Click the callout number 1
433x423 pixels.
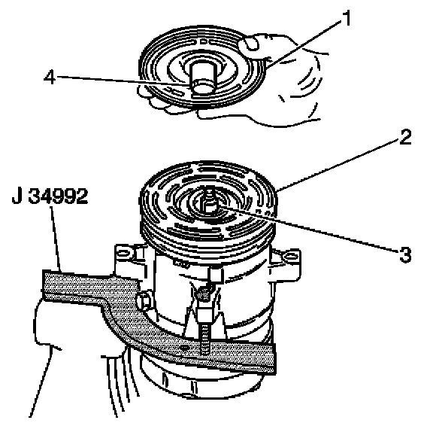coord(346,18)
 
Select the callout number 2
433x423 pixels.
coord(405,137)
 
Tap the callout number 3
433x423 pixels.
coord(405,254)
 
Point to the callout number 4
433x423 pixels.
coord(50,77)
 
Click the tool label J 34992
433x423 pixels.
coord(50,196)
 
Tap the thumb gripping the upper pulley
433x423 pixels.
coord(250,44)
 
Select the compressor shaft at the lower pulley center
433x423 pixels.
coord(209,202)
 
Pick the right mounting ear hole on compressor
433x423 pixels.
coord(290,257)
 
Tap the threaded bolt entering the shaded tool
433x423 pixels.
coord(204,340)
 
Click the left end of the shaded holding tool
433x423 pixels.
coord(43,285)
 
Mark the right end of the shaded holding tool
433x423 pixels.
coord(274,358)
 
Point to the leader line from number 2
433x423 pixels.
coord(337,166)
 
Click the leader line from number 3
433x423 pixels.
coord(309,228)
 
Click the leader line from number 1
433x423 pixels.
coord(303,44)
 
